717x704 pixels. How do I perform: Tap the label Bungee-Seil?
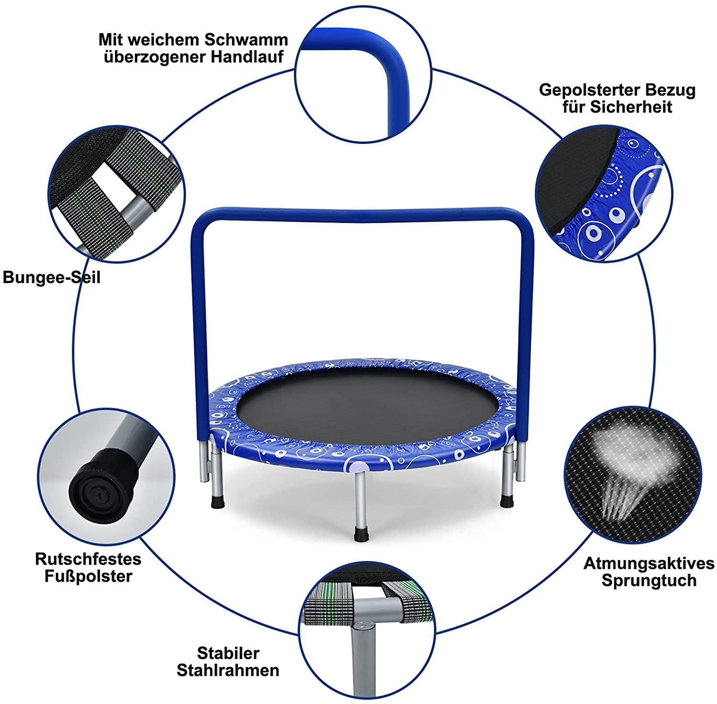tap(52, 277)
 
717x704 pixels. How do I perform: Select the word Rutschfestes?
tap(88, 559)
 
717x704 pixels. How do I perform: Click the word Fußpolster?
tap(88, 576)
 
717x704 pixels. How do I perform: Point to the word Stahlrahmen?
tap(228, 670)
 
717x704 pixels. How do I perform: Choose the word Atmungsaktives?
tap(649, 563)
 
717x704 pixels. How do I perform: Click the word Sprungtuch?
tap(649, 581)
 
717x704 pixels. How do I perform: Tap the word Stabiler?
tap(228, 653)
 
